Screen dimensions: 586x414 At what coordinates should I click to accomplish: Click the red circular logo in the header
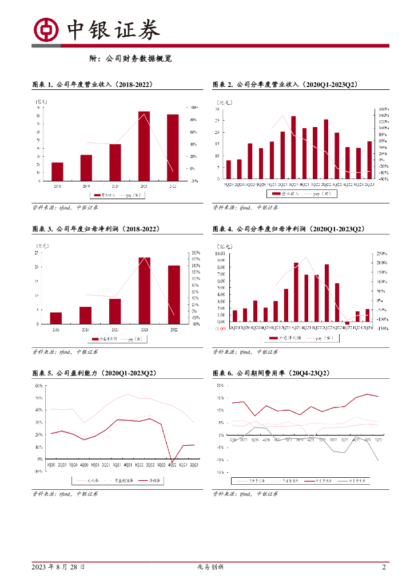pyautogui.click(x=47, y=29)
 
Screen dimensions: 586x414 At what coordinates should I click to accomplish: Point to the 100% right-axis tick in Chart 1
pyautogui.click(x=194, y=108)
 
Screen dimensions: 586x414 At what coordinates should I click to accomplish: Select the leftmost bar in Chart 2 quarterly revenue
pyautogui.click(x=229, y=169)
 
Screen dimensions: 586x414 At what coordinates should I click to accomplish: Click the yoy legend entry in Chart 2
pyautogui.click(x=323, y=195)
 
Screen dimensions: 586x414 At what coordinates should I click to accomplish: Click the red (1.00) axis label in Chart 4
pyautogui.click(x=220, y=328)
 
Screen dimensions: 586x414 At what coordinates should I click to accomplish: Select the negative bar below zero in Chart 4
pyautogui.click(x=347, y=323)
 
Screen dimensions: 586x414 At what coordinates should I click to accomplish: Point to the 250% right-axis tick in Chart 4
pyautogui.click(x=381, y=253)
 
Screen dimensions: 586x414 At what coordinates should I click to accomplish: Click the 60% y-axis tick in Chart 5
pyautogui.click(x=38, y=386)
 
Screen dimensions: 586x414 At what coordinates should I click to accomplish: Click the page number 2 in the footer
pyautogui.click(x=384, y=567)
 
